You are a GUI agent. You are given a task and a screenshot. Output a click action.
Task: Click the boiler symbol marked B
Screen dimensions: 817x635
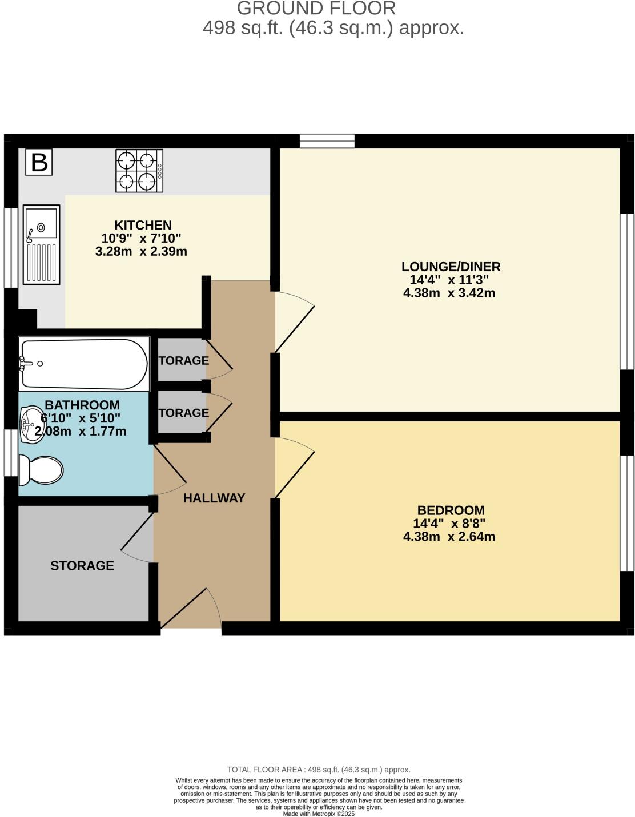39,163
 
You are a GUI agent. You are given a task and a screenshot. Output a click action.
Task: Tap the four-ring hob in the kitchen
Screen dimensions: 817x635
139,171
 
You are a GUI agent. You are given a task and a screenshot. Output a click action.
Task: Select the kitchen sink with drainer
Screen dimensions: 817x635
41,244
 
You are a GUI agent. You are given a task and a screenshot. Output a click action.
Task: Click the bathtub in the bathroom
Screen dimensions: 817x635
83,364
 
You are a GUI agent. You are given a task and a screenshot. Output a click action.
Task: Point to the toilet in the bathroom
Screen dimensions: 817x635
41,470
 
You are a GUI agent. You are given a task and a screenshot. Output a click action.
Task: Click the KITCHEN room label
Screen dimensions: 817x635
143,225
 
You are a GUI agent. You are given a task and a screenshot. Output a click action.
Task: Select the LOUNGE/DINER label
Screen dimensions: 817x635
451,267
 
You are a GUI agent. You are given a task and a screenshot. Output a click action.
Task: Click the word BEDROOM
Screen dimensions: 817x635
451,510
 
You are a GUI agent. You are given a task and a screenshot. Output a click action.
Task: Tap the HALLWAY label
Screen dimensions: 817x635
214,498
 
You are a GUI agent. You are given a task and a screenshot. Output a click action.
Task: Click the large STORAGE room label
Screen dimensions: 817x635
82,565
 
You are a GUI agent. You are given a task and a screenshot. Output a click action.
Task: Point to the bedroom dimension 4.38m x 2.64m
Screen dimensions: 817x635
449,537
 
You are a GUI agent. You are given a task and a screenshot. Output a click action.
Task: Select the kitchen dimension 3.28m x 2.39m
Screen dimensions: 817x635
141,251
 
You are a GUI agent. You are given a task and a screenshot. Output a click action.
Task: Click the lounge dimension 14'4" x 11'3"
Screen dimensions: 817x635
449,280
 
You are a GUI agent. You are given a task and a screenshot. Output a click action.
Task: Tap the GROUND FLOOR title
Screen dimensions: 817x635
316,9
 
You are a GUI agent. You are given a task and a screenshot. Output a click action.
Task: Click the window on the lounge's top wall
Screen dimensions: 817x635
327,140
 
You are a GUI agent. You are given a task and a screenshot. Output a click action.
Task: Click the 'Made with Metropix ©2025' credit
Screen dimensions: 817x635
319,814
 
